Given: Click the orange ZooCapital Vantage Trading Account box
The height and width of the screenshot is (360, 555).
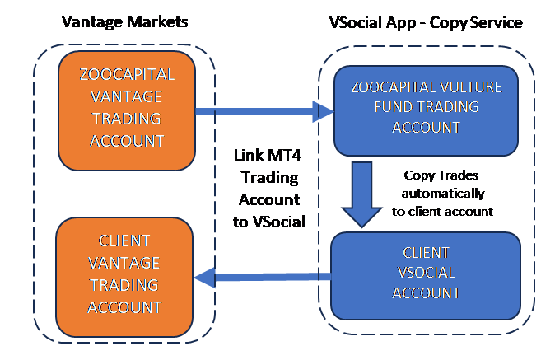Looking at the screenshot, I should click(127, 110).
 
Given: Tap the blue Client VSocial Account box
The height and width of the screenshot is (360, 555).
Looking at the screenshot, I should click(426, 274).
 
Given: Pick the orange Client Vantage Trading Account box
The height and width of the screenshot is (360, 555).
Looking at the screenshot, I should click(124, 275).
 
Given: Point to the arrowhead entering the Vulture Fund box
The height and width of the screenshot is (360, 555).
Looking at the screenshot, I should click(324, 110).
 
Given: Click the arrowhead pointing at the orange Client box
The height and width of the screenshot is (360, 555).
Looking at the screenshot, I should click(203, 278).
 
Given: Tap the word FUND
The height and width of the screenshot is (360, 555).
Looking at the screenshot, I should click(396, 107).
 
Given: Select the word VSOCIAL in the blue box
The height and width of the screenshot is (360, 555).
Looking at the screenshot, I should click(426, 273).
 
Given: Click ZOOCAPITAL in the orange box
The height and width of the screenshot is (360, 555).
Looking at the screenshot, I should click(128, 75).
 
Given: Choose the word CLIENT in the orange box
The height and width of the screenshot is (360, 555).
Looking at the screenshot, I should click(124, 241).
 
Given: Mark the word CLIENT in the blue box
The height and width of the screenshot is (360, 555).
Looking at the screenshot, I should click(426, 252).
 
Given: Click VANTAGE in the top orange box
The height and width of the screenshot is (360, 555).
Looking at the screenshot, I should click(128, 96).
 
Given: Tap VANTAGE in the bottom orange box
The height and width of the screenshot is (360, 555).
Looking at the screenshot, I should click(124, 263).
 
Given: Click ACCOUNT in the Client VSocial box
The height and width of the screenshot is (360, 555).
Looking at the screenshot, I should click(426, 292).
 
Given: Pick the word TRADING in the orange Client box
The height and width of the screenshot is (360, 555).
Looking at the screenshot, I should click(124, 285).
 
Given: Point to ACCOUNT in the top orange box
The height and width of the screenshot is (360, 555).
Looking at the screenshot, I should click(128, 140).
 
